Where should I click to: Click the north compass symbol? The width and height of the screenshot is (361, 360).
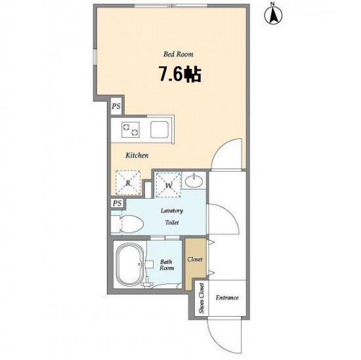click(273, 14)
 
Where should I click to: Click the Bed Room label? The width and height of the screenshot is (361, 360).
click(179, 54)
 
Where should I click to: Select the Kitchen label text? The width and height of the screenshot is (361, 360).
click(137, 155)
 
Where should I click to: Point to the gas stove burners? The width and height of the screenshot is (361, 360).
click(131, 130)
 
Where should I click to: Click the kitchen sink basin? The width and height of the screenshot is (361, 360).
click(159, 130)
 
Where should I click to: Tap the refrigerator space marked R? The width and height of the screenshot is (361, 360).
click(128, 183)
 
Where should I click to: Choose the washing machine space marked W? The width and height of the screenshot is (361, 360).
click(168, 185)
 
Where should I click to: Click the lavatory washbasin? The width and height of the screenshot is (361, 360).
click(194, 181)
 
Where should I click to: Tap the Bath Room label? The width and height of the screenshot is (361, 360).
click(167, 265)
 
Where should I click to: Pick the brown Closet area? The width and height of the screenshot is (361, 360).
click(195, 264)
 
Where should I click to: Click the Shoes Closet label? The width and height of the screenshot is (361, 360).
click(202, 298)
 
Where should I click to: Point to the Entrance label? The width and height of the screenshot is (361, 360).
click(227, 298)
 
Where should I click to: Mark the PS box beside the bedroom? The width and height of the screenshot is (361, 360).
click(116, 106)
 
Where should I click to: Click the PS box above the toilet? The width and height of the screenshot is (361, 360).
click(117, 203)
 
